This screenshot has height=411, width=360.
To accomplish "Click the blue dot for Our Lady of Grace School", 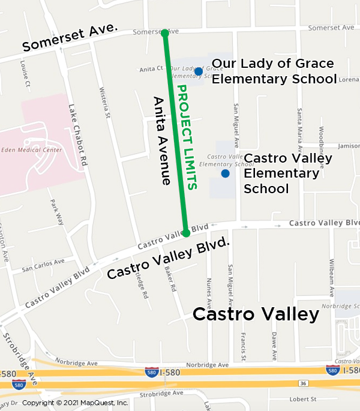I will [x=199, y=71].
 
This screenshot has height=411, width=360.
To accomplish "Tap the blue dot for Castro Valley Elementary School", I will [x=225, y=173].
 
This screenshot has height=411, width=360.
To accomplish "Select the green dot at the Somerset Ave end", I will [x=165, y=33].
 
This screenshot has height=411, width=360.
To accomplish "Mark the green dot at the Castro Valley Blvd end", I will [x=187, y=233].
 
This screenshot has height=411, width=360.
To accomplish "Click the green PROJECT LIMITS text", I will [x=188, y=137].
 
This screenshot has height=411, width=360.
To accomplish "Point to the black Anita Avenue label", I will [x=162, y=140].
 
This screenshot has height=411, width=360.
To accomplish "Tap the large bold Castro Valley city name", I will [x=256, y=314].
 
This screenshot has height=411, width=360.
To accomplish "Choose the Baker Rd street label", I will [x=170, y=279].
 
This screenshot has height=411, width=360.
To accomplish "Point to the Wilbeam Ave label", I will [x=331, y=278].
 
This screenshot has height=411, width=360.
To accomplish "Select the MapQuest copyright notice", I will [x=75, y=403].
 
